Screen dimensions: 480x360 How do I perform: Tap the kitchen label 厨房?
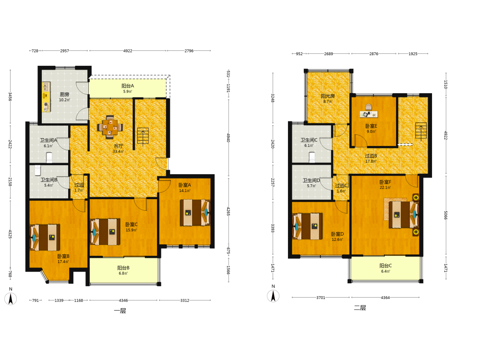[x=64, y=94]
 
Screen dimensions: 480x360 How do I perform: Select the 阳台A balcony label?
[x=128, y=86]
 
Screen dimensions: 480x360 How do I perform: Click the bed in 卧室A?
[x=195, y=213]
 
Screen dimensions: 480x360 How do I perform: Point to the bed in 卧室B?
[x=45, y=238]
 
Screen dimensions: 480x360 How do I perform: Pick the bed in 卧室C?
[x=105, y=232]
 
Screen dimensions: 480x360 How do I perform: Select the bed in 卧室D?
[x=308, y=226]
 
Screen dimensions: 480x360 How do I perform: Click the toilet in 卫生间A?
[x=49, y=157]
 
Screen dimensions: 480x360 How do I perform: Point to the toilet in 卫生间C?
[x=312, y=157]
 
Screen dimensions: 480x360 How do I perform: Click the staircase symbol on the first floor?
[x=143, y=136]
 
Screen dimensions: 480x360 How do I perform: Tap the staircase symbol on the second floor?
[x=421, y=131]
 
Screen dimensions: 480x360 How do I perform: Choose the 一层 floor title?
[x=120, y=311]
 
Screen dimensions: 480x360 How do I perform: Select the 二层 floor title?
[x=360, y=308]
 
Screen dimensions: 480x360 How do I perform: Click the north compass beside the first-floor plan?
[x=11, y=299]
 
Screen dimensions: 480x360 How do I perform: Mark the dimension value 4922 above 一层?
[x=128, y=51]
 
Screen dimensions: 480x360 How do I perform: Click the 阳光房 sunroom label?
[x=327, y=96]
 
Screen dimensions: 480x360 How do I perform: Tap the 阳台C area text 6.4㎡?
[x=385, y=271]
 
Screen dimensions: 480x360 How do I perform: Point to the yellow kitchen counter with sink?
[x=46, y=97]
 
